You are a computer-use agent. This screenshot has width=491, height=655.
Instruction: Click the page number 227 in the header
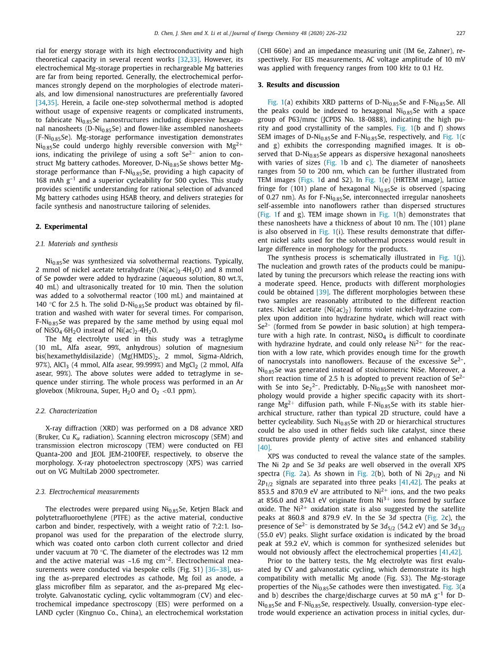460,33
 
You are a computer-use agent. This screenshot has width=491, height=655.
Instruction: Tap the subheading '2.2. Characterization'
66,411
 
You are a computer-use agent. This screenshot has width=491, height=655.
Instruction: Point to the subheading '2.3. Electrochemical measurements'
87,492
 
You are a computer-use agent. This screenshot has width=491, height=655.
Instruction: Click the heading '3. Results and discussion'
298,85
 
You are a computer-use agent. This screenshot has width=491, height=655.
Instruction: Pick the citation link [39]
322,292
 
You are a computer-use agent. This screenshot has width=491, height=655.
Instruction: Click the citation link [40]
264,448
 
